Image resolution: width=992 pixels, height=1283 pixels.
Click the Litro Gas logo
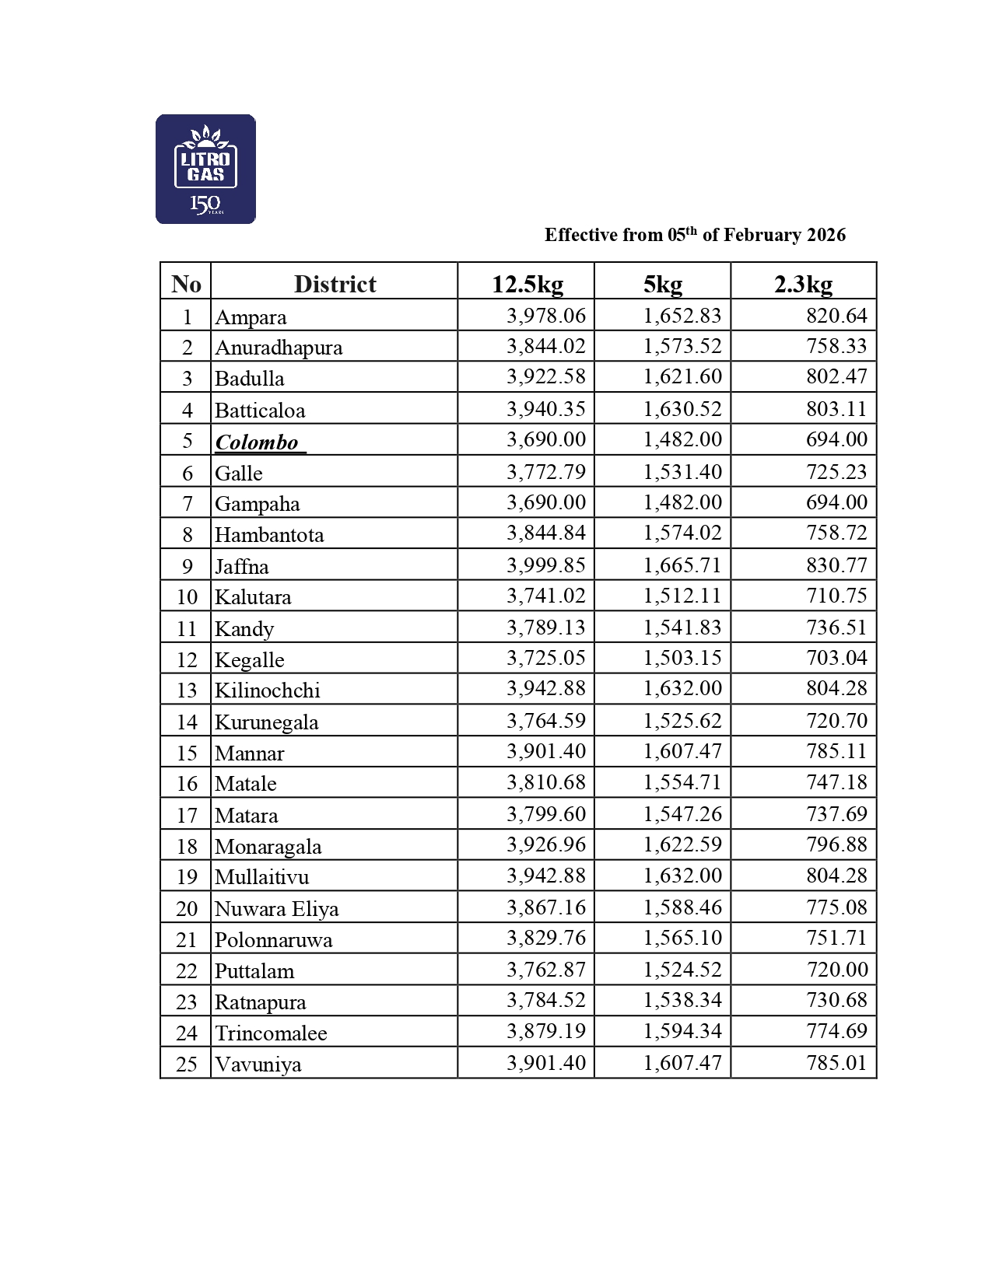pyautogui.click(x=205, y=170)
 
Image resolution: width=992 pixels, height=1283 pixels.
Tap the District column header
pyautogui.click(x=335, y=284)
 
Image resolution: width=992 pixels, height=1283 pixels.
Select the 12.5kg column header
pyautogui.click(x=527, y=284)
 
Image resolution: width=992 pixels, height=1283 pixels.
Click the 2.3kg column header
pyautogui.click(x=803, y=284)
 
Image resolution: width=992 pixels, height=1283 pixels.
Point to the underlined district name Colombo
pyautogui.click(x=257, y=442)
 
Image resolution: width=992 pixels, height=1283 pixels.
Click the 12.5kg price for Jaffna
pyautogui.click(x=546, y=565)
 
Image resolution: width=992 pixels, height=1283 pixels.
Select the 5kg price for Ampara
pyautogui.click(x=682, y=316)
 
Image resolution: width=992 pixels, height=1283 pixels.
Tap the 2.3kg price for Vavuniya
pyautogui.click(x=836, y=1062)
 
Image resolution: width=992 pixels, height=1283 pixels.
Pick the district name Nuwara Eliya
pyautogui.click(x=277, y=908)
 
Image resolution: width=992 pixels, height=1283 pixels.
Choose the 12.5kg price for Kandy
pyautogui.click(x=546, y=628)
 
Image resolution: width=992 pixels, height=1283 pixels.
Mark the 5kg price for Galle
pyautogui.click(x=682, y=472)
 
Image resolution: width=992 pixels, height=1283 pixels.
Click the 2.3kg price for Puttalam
pyautogui.click(x=836, y=970)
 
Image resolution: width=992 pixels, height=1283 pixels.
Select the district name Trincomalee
pyautogui.click(x=271, y=1033)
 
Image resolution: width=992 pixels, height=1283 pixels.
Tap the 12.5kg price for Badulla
pyautogui.click(x=546, y=376)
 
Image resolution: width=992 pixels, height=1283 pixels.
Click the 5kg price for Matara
pyautogui.click(x=682, y=814)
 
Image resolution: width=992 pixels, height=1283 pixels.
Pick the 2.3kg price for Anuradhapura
pyautogui.click(x=836, y=346)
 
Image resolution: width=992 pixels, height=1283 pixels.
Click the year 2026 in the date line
pyautogui.click(x=826, y=235)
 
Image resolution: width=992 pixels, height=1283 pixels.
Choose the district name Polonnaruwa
pyautogui.click(x=274, y=939)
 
